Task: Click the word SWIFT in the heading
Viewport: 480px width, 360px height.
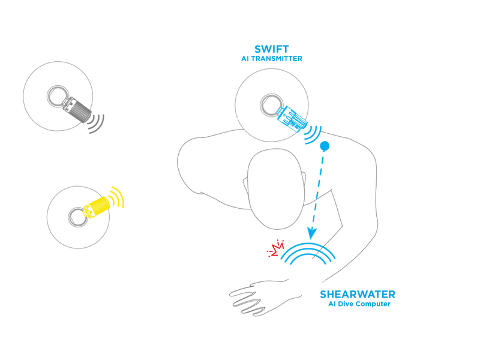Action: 272,49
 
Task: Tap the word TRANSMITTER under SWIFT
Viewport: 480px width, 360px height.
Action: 277,59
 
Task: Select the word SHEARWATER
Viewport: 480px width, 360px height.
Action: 358,295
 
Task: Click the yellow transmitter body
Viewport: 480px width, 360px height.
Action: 97,207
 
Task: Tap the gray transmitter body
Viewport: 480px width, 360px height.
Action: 77,109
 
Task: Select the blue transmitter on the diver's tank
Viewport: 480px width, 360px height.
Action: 292,119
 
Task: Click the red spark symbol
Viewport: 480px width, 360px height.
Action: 276,248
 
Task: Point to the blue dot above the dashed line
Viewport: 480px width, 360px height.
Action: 325,146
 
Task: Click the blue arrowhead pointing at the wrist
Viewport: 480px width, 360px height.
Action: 311,233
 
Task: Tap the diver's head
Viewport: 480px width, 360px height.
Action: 276,189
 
